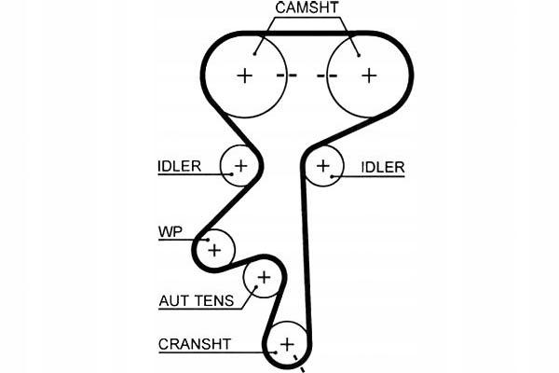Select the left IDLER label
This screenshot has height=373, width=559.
(x=179, y=167)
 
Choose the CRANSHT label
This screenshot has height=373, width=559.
(x=194, y=343)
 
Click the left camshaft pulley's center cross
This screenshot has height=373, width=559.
(x=245, y=75)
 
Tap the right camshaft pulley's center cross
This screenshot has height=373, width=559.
(x=369, y=75)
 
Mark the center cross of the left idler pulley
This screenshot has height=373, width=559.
(x=240, y=166)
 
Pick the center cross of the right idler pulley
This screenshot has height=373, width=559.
(x=323, y=166)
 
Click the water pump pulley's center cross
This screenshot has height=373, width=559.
(x=215, y=249)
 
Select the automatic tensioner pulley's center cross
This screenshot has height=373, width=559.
(x=263, y=277)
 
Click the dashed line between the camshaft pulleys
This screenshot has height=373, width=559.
(x=307, y=75)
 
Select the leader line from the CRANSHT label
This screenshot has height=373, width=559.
(x=252, y=352)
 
